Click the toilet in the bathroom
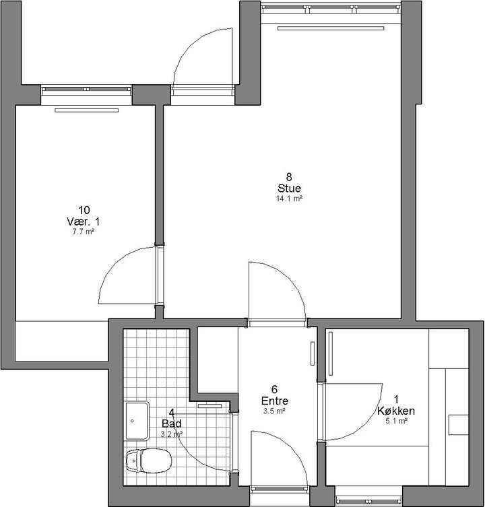pyautogui.click(x=148, y=461)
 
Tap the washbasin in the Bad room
pyautogui.click(x=137, y=421)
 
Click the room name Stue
pyautogui.click(x=289, y=188)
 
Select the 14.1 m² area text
pyautogui.click(x=289, y=199)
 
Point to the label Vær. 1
pyautogui.click(x=83, y=222)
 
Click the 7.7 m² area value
pyautogui.click(x=84, y=232)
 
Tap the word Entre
pyautogui.click(x=274, y=401)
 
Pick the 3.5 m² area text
pyautogui.click(x=274, y=411)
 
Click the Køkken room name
pyautogui.click(x=396, y=411)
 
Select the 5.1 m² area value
pyautogui.click(x=396, y=421)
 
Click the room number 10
pyautogui.click(x=84, y=210)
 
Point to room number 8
pyautogui.click(x=289, y=177)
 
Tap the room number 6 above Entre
pyautogui.click(x=275, y=389)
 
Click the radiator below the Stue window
pyautogui.click(x=331, y=28)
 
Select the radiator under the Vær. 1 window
pyautogui.click(x=86, y=110)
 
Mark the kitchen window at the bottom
pyautogui.click(x=368, y=501)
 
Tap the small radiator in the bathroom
pyautogui.click(x=209, y=406)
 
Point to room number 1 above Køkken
pyautogui.click(x=397, y=400)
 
